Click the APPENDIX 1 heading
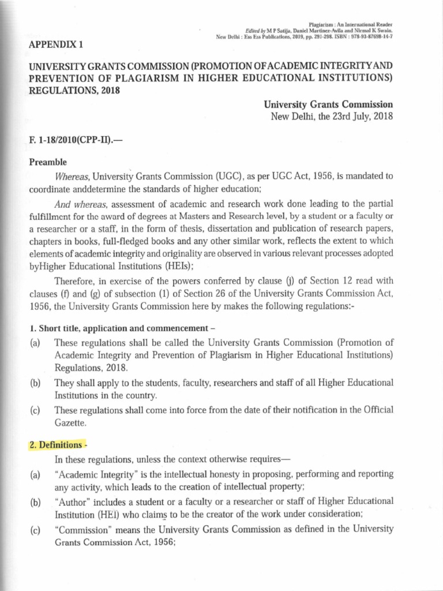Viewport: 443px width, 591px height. (57, 44)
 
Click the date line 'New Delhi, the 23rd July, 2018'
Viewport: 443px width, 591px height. (332, 117)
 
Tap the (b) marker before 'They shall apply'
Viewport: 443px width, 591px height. (36, 383)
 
